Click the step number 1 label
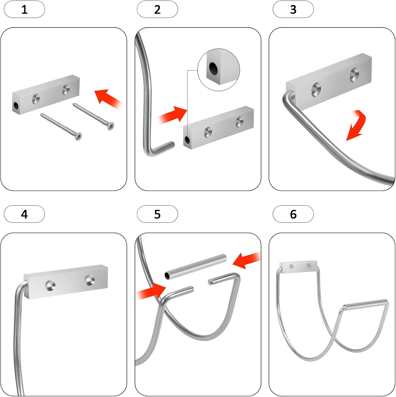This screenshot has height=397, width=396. [x=24, y=10]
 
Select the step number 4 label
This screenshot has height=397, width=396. [x=24, y=214]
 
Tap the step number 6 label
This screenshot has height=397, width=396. [x=293, y=214]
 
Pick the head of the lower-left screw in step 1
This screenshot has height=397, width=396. [x=78, y=136]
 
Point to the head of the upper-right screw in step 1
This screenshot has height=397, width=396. [x=111, y=126]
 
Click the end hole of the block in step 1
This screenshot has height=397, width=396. [x=16, y=106]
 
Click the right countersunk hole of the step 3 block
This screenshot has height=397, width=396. [x=354, y=74]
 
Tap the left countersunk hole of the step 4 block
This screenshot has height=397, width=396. [x=50, y=285]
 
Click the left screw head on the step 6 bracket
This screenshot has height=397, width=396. [x=291, y=267]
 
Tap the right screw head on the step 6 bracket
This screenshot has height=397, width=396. [x=309, y=265]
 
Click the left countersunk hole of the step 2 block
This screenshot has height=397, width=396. [x=208, y=132]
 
